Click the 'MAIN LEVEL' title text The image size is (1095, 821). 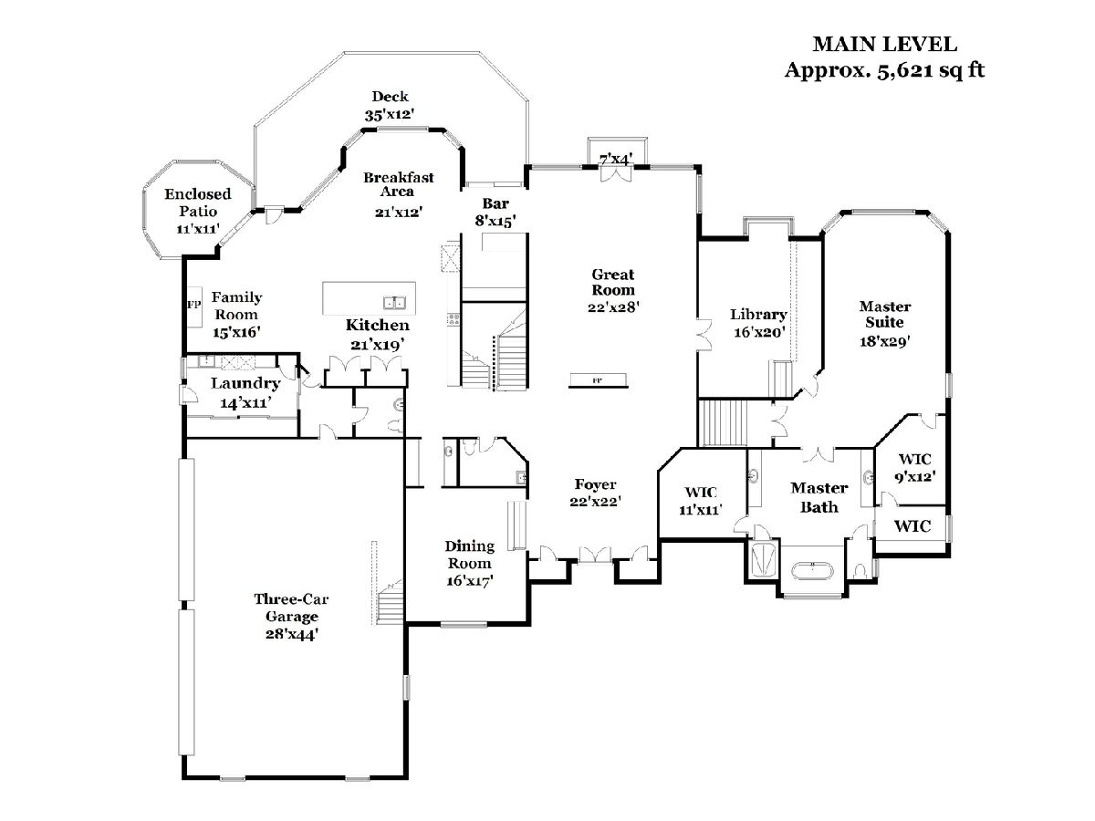pyautogui.click(x=884, y=44)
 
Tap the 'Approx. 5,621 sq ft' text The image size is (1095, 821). pyautogui.click(x=884, y=70)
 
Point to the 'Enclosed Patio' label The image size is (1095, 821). pyautogui.click(x=197, y=203)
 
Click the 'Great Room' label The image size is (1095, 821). pyautogui.click(x=613, y=282)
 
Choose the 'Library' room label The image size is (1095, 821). pyautogui.click(x=758, y=315)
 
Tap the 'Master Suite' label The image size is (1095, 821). pyautogui.click(x=884, y=315)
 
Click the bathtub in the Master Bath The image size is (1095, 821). pyautogui.click(x=811, y=573)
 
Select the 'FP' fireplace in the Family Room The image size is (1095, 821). pyautogui.click(x=193, y=304)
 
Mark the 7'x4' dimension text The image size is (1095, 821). pyautogui.click(x=616, y=160)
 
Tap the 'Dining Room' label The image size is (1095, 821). pyautogui.click(x=470, y=555)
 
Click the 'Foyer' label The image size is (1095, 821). pyautogui.click(x=595, y=484)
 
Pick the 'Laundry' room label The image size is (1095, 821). pyautogui.click(x=245, y=384)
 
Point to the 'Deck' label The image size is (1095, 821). pyautogui.click(x=390, y=97)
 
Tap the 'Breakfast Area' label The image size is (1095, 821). pyautogui.click(x=399, y=184)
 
